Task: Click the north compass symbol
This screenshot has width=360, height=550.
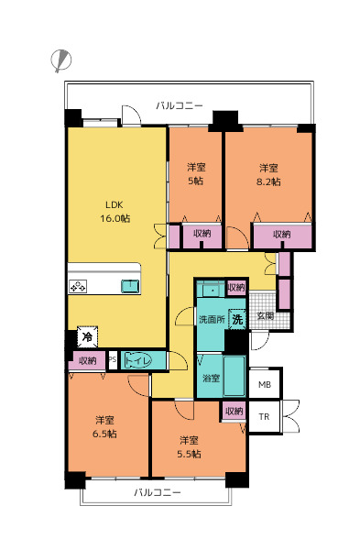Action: point(61,60)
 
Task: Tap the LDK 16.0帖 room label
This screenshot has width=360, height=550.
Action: point(115,212)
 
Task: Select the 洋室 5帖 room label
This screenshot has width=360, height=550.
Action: point(196,174)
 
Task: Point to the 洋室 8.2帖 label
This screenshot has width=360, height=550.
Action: point(269,175)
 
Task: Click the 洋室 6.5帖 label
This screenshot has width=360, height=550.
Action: point(104,426)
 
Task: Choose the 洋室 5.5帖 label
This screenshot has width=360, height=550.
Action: point(189,447)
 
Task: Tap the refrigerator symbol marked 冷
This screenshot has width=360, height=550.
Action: point(87,336)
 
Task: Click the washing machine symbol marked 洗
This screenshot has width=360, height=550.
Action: point(237,319)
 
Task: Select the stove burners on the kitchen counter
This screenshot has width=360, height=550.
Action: point(78,287)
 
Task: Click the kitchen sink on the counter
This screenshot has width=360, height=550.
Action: point(130,286)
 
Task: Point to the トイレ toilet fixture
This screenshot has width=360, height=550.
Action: point(137,360)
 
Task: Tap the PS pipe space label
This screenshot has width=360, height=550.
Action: point(113,360)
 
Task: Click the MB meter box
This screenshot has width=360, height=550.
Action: point(265,384)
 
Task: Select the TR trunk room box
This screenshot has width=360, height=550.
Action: point(265,417)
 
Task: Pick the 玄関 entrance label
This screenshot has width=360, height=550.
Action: point(266,315)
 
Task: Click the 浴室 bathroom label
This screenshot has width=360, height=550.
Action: point(212,378)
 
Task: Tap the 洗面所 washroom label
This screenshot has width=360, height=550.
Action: point(213,320)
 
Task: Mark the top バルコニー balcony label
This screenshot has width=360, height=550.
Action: point(180,105)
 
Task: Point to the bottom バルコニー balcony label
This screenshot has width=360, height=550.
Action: point(158,492)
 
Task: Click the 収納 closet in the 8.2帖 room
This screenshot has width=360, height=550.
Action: point(282,236)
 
